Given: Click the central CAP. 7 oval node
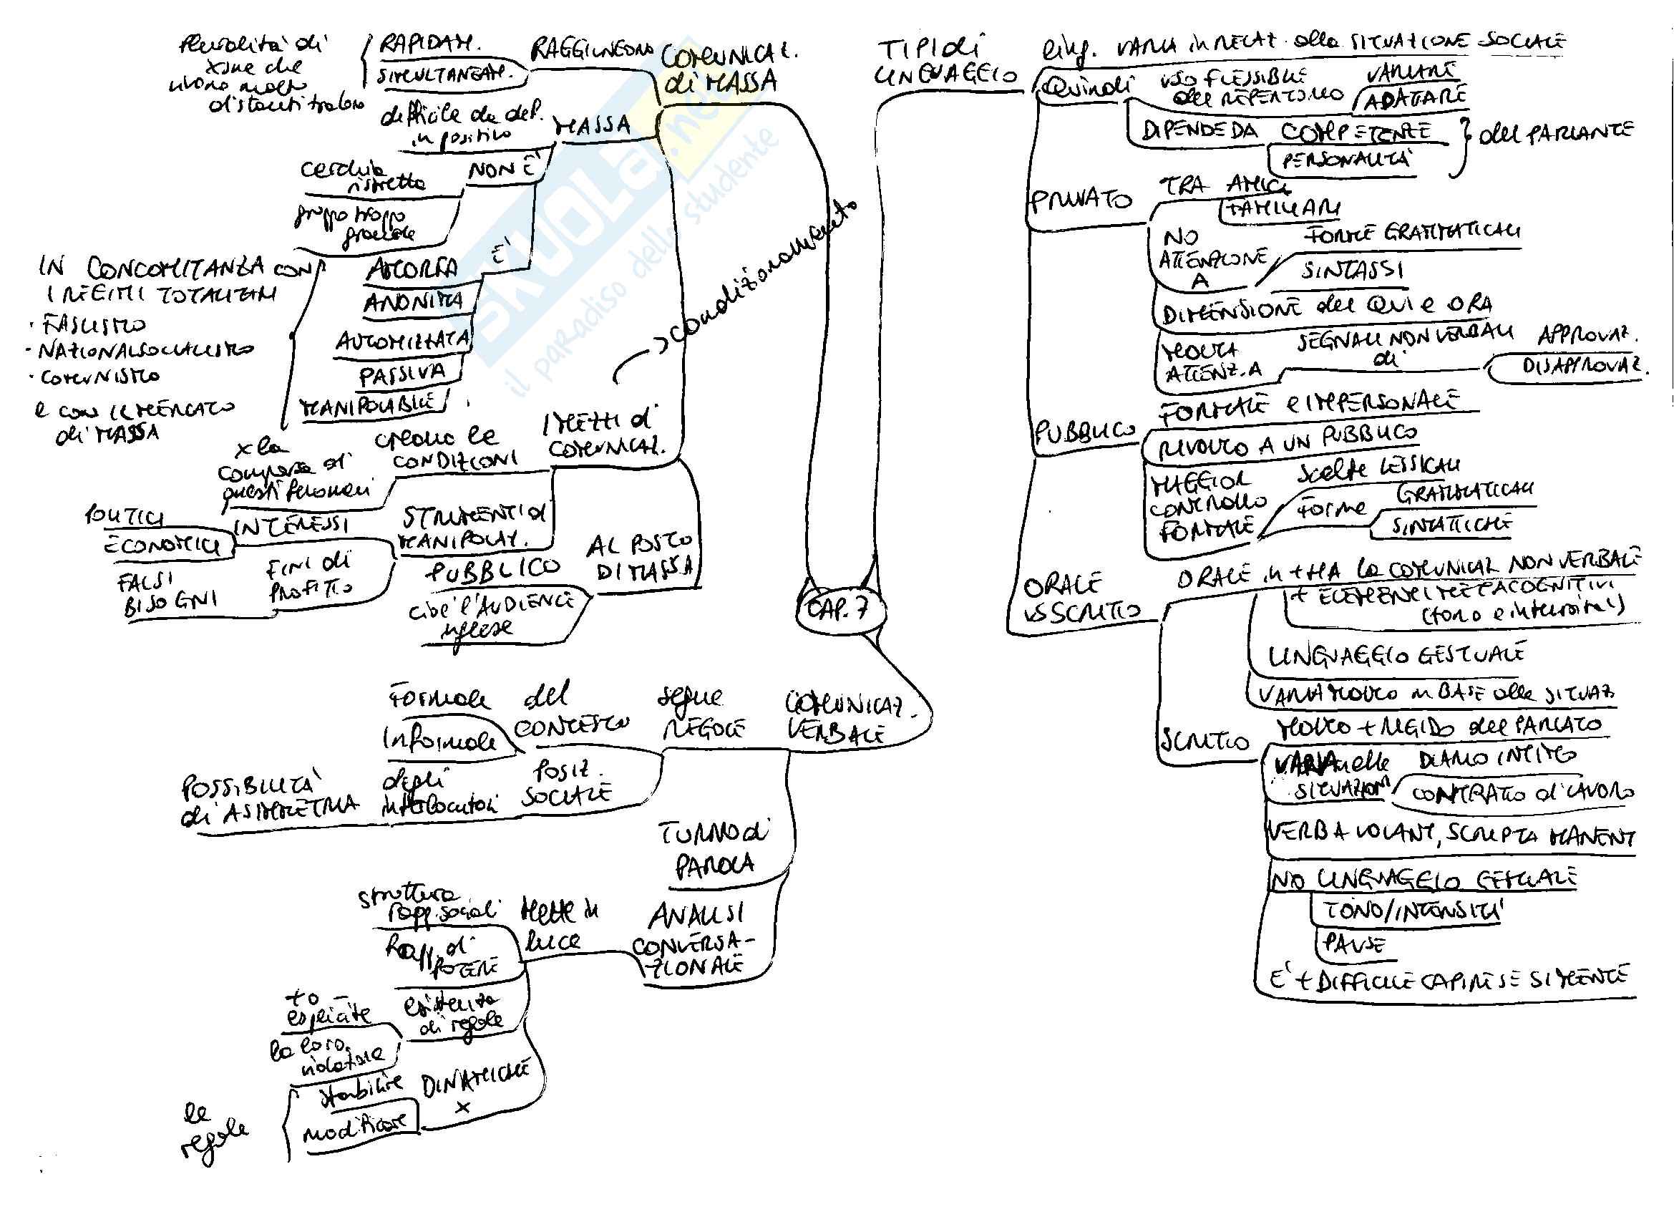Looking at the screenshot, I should click(x=840, y=609).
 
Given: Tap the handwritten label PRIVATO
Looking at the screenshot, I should click(x=1080, y=200).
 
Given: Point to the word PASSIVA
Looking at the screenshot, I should click(x=402, y=374).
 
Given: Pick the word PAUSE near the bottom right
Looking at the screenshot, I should click(x=1354, y=944).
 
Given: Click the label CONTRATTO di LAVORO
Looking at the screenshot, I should click(x=1520, y=793).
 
